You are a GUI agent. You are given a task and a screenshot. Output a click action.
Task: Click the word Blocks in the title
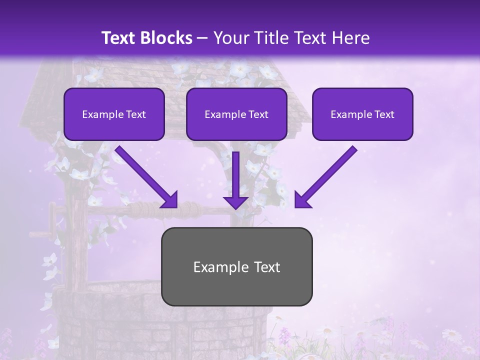coord(167,38)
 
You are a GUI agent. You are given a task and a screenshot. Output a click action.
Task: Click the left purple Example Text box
coord(114,114)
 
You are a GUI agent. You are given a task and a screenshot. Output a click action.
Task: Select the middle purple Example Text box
coord(236,114)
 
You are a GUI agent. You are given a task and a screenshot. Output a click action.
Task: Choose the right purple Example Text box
coord(362,114)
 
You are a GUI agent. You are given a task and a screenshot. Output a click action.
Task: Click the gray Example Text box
coord(236,266)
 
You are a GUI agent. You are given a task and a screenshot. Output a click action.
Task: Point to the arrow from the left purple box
coord(146,176)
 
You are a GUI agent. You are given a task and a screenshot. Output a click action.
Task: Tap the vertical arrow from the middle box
coord(235,175)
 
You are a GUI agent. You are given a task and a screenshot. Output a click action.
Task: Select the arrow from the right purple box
coord(326,176)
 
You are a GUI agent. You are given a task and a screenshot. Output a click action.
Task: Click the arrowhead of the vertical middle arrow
coord(235,202)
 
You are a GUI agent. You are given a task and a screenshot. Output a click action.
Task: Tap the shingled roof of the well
coord(50,100)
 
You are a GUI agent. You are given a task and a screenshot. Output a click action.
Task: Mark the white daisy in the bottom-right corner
coord(452,334)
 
